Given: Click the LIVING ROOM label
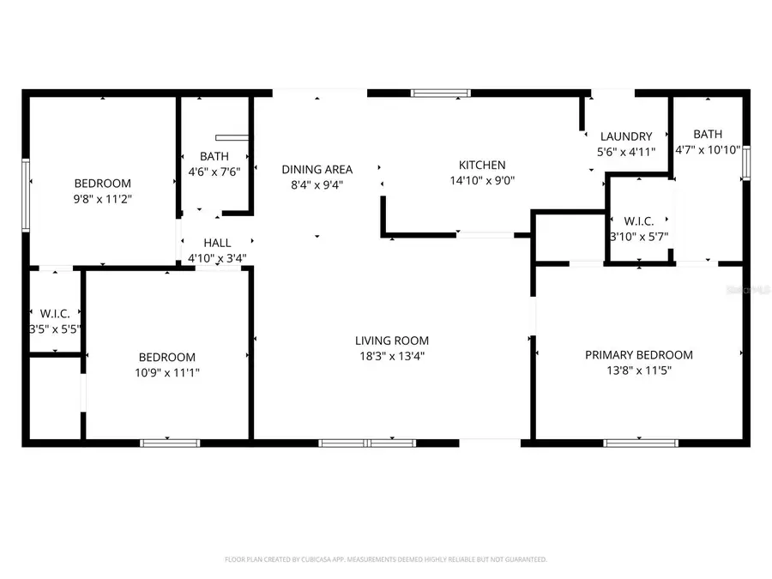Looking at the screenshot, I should coord(394,341).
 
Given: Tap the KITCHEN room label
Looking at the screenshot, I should coord(482,165).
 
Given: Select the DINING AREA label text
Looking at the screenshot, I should coord(317,169).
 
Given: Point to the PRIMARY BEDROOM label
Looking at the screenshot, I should coord(639,355).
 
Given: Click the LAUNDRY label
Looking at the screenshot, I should coord(626,136).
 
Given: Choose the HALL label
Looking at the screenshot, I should coord(217,244).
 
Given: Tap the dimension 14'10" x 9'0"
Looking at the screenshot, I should coord(482,180).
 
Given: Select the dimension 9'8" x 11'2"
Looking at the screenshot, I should coord(102,198).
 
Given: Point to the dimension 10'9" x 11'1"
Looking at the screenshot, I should coord(167,372).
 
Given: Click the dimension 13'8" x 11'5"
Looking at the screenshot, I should coord(639,371).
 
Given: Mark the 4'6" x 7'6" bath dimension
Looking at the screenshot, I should coord(214,171).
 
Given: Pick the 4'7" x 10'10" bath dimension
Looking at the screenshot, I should coord(708,149).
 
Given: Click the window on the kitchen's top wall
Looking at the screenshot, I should coord(440,93).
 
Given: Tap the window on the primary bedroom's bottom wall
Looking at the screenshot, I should coord(641,443).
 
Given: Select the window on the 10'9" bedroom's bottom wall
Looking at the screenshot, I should coord(170,443).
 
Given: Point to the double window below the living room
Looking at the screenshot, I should coord(368,443).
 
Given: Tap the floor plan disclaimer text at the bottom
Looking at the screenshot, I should coord(386,559).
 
